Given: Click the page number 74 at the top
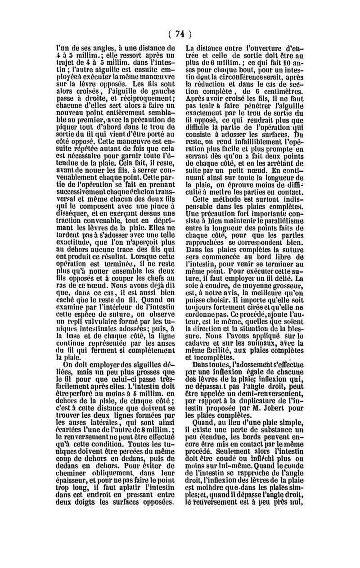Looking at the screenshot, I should [180, 33].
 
